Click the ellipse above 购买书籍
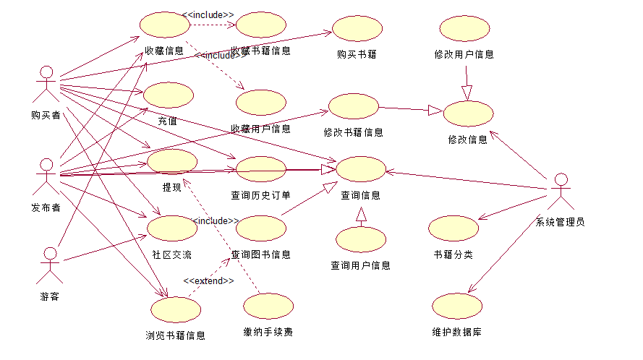[357, 29]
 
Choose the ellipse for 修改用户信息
[464, 29]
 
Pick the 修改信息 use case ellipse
[468, 114]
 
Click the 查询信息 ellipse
[361, 169]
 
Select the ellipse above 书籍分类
[453, 228]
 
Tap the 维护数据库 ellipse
[456, 307]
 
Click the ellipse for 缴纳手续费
[268, 307]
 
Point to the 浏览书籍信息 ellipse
[176, 309]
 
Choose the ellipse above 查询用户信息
[361, 239]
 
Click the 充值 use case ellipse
[168, 95]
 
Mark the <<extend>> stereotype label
[208, 280]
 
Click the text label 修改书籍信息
[353, 132]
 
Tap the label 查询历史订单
[260, 195]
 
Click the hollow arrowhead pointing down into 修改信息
[467, 93]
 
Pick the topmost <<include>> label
[208, 14]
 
